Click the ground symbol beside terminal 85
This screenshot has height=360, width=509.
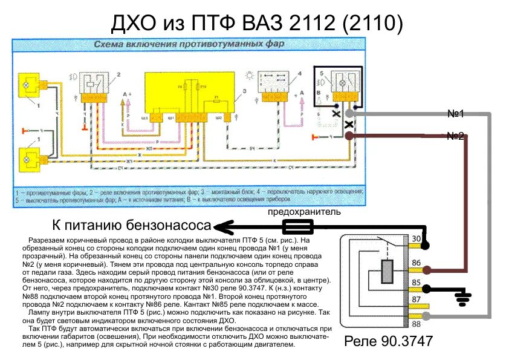[x=464, y=295]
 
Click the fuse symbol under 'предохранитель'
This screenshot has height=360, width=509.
[x=298, y=227]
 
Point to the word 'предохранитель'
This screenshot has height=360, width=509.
[x=304, y=212]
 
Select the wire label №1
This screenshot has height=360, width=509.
[x=455, y=114]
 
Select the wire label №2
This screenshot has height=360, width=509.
[x=455, y=136]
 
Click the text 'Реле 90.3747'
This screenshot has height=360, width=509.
[x=388, y=341]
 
